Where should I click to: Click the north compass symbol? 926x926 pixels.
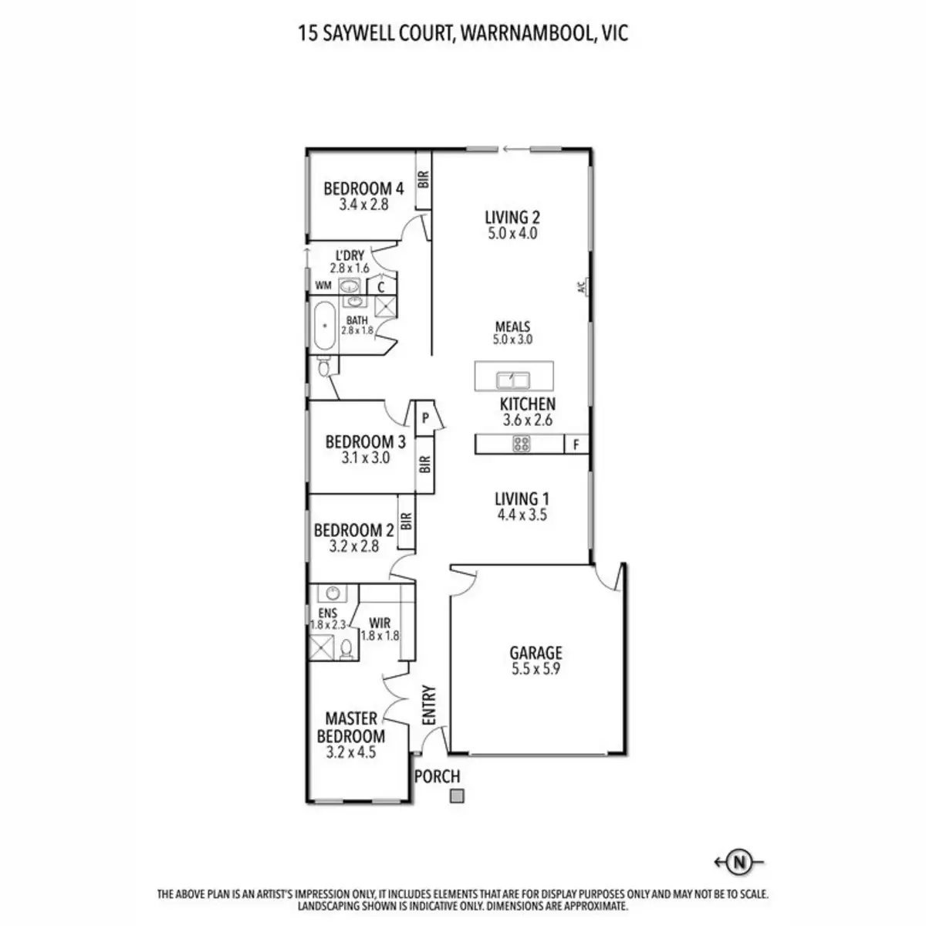(740, 861)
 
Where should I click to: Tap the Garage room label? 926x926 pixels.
(536, 653)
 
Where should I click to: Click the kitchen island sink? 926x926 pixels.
(512, 380)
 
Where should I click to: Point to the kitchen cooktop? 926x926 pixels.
(522, 444)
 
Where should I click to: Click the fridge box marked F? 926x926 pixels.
(576, 444)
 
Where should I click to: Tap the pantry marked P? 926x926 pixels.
(425, 419)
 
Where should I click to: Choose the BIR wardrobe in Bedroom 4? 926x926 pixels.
(423, 181)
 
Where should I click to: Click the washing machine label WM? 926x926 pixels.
(323, 286)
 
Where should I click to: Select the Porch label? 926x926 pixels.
(438, 776)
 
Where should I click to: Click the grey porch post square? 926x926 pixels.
(458, 796)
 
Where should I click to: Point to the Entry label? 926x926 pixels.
(430, 705)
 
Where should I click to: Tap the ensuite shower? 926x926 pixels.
(323, 647)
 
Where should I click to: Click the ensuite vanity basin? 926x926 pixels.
(333, 593)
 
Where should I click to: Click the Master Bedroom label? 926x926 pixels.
(351, 727)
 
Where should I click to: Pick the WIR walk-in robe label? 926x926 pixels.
(380, 623)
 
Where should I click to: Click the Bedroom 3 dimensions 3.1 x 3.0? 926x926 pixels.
(365, 458)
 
